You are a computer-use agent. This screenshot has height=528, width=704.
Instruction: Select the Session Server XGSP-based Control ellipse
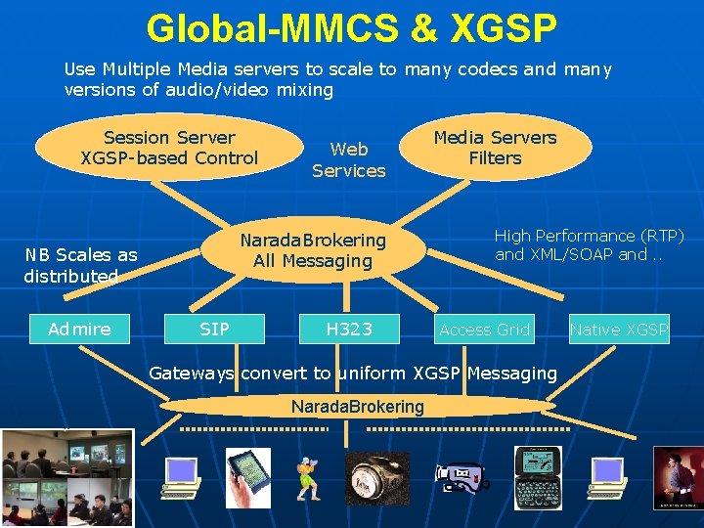[x=169, y=148]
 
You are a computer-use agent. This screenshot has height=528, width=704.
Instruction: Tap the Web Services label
[x=349, y=159]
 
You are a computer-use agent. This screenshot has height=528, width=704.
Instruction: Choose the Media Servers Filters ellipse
[x=495, y=148]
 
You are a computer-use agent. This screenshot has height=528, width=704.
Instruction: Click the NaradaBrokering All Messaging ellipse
[x=313, y=250]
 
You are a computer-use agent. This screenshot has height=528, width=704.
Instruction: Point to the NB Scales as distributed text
[x=80, y=265]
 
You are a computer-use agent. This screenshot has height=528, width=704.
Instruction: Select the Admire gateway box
[x=79, y=330]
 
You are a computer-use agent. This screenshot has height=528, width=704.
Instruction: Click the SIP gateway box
[x=214, y=330]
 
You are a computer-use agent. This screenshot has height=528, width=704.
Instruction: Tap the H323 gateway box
[x=349, y=330]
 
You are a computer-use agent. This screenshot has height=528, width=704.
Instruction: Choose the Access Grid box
[x=484, y=330]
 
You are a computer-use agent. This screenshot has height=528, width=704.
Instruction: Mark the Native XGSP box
[x=619, y=330]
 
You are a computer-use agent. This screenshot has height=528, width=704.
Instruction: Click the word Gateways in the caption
[x=192, y=373]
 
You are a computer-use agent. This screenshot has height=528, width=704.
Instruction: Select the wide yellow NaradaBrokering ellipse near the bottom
[x=357, y=406]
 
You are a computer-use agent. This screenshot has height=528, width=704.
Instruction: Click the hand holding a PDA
[x=247, y=477]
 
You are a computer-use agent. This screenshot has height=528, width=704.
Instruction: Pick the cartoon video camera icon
[x=461, y=477]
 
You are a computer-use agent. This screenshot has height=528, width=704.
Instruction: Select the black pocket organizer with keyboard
[x=538, y=476]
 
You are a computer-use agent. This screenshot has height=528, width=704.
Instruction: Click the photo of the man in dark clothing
[x=679, y=478]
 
